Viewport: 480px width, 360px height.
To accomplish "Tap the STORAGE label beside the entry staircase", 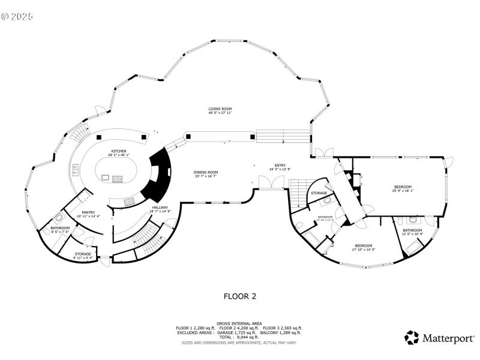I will pos(319,193).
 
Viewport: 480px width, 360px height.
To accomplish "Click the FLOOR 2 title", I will pos(240,296).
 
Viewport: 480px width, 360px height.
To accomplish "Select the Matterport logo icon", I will pos(412,338).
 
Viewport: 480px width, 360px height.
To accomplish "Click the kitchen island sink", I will pos(106,178).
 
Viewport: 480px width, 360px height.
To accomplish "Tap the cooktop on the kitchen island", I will pos(118,178).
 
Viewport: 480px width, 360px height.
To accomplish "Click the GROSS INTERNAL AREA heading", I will pos(239,323).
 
